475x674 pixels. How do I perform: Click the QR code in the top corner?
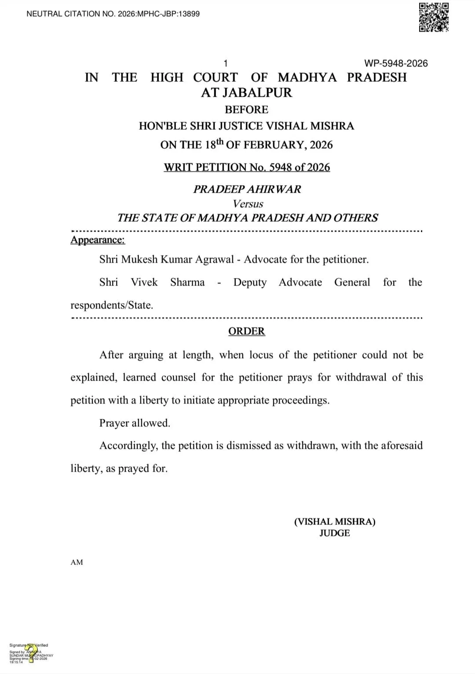pyautogui.click(x=433, y=17)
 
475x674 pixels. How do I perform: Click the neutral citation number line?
pyautogui.click(x=113, y=14)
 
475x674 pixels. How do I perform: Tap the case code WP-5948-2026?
pyautogui.click(x=396, y=63)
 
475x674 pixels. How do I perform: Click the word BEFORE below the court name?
pyautogui.click(x=246, y=110)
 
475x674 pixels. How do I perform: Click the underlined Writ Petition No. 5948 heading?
pyautogui.click(x=247, y=167)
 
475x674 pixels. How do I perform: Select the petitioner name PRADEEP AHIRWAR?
pyautogui.click(x=247, y=189)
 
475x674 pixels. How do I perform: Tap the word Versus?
pyautogui.click(x=248, y=204)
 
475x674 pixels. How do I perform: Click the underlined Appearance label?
pyautogui.click(x=98, y=240)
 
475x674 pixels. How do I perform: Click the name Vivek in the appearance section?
pyautogui.click(x=144, y=282)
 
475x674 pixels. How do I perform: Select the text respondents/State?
pyautogui.click(x=112, y=305)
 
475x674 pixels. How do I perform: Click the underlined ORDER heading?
pyautogui.click(x=246, y=331)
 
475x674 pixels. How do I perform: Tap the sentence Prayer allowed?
pyautogui.click(x=135, y=423)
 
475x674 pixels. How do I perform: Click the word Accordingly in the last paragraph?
pyautogui.click(x=128, y=445)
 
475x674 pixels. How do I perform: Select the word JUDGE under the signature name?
pyautogui.click(x=334, y=533)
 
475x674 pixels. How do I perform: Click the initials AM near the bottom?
pyautogui.click(x=77, y=562)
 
